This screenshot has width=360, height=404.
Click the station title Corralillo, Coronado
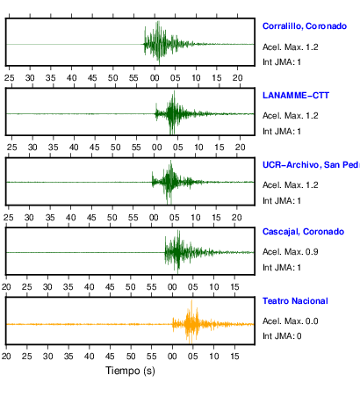tap(305, 26)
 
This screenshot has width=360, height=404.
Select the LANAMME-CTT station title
tap(296, 96)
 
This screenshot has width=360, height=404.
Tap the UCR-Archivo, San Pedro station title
tap(311, 165)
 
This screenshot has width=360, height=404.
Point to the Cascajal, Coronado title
tap(303, 232)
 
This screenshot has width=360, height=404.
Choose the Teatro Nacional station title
tap(295, 301)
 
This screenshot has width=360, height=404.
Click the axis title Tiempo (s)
tap(130, 371)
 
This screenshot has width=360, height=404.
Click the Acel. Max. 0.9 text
tap(291, 252)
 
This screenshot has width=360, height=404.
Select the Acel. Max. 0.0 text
tap(291, 321)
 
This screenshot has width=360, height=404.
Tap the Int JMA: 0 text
tap(282, 336)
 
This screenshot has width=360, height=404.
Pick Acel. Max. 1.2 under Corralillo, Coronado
tap(291, 47)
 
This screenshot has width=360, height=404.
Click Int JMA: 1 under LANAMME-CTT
tap(282, 132)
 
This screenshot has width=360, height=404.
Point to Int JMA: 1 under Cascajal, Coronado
tap(282, 268)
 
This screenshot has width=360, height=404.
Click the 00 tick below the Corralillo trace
tap(155, 78)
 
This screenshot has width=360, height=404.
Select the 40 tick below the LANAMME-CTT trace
tap(74, 148)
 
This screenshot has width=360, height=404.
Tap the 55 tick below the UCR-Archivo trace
tap(133, 218)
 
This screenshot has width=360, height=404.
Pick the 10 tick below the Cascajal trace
tap(214, 287)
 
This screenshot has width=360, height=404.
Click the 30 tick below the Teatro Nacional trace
tap(47, 357)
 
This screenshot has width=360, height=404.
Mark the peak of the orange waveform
tap(191, 300)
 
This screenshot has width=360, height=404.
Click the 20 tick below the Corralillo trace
tap(238, 78)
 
